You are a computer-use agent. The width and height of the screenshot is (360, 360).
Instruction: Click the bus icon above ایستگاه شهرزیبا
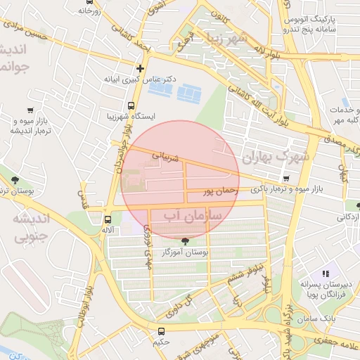tap(131, 105)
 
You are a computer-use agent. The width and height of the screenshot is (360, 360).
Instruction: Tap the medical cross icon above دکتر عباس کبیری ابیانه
tap(141, 69)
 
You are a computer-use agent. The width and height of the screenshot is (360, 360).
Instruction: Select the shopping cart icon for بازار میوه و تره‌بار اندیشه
tap(30, 110)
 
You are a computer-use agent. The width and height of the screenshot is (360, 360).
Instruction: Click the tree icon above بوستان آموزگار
tap(185, 241)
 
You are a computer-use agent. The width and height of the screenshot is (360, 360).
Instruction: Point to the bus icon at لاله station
tap(107, 219)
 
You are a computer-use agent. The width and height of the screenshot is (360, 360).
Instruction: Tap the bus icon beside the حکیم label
tap(162, 331)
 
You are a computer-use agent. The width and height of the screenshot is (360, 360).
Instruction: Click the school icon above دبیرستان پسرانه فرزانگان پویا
tap(325, 274)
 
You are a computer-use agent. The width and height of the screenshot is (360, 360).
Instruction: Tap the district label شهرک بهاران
tap(274, 156)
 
